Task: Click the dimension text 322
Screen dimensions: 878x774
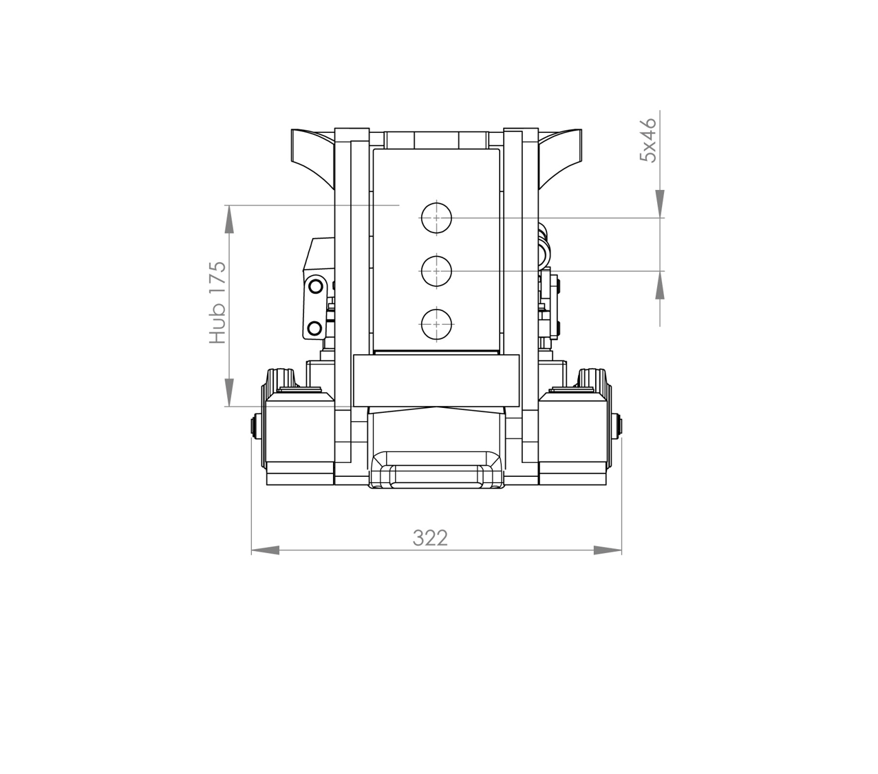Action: click(430, 538)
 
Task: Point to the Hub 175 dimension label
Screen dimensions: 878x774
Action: click(217, 303)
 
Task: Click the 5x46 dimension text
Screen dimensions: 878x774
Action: click(648, 140)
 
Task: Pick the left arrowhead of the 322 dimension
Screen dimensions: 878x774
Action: click(265, 550)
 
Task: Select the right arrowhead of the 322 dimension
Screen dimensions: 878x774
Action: click(608, 550)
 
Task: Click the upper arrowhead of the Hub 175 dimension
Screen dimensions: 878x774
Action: click(229, 219)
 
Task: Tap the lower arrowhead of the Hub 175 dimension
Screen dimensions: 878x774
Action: click(229, 392)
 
